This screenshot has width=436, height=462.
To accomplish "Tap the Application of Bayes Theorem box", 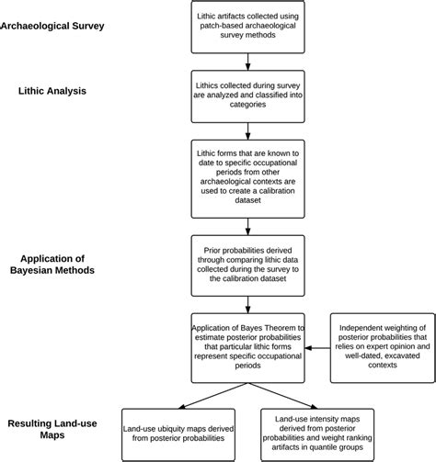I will (x=247, y=347).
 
